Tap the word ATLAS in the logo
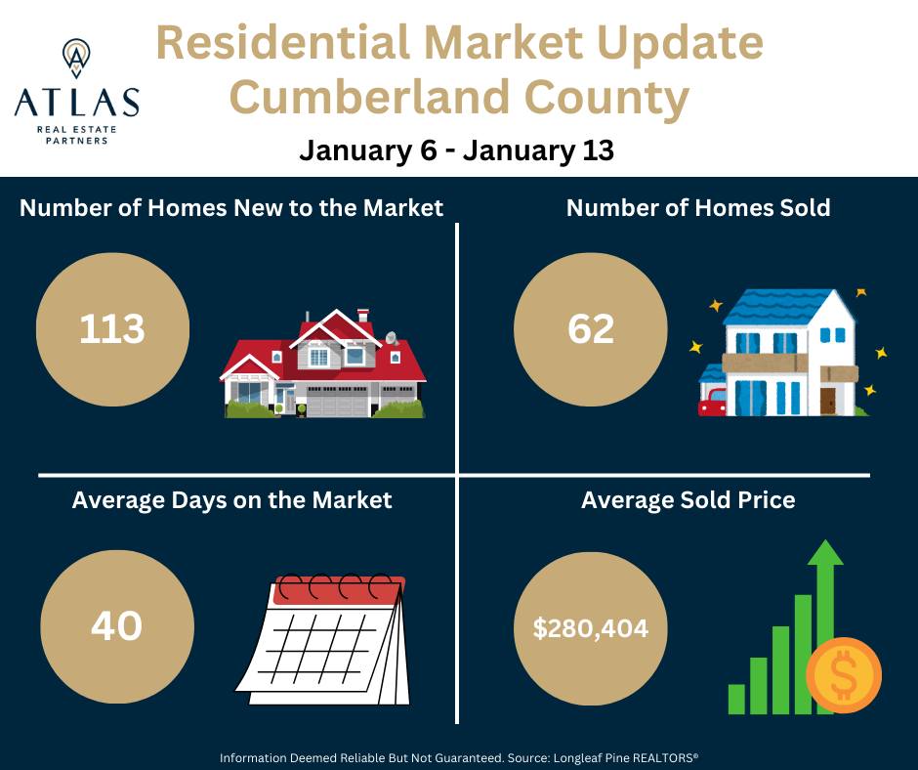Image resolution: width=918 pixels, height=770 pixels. coord(76,103)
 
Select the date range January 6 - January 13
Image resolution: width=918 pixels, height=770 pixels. coord(456,150)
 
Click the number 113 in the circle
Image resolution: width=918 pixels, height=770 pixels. coord(111,329)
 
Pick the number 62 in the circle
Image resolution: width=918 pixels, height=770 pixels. coord(591,329)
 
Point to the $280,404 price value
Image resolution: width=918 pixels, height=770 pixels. coord(591,628)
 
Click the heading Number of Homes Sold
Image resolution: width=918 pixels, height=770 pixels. coord(698,207)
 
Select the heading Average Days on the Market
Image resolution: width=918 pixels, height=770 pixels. coord(231,499)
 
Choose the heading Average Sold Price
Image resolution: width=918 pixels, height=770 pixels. coord(688,500)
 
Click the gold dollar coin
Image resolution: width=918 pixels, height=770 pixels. coord(844,675)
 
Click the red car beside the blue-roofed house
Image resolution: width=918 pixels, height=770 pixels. coord(712,401)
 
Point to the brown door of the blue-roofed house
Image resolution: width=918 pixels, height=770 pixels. coord(828,401)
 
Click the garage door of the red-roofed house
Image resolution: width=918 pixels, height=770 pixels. coord(335,406)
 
